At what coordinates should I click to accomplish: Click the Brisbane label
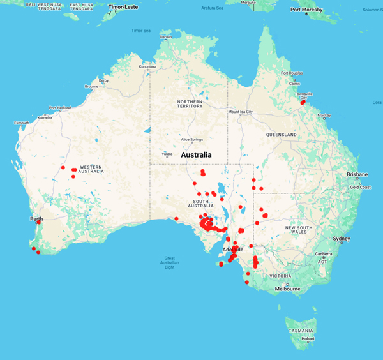tap(357, 174)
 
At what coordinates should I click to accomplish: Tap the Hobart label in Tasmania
tap(308, 338)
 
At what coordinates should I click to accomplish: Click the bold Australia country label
tap(201, 155)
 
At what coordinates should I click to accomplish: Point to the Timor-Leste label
tap(124, 8)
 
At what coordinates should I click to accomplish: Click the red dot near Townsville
tap(303, 102)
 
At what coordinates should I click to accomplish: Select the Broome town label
tap(91, 86)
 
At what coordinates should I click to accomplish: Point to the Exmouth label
tap(22, 122)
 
